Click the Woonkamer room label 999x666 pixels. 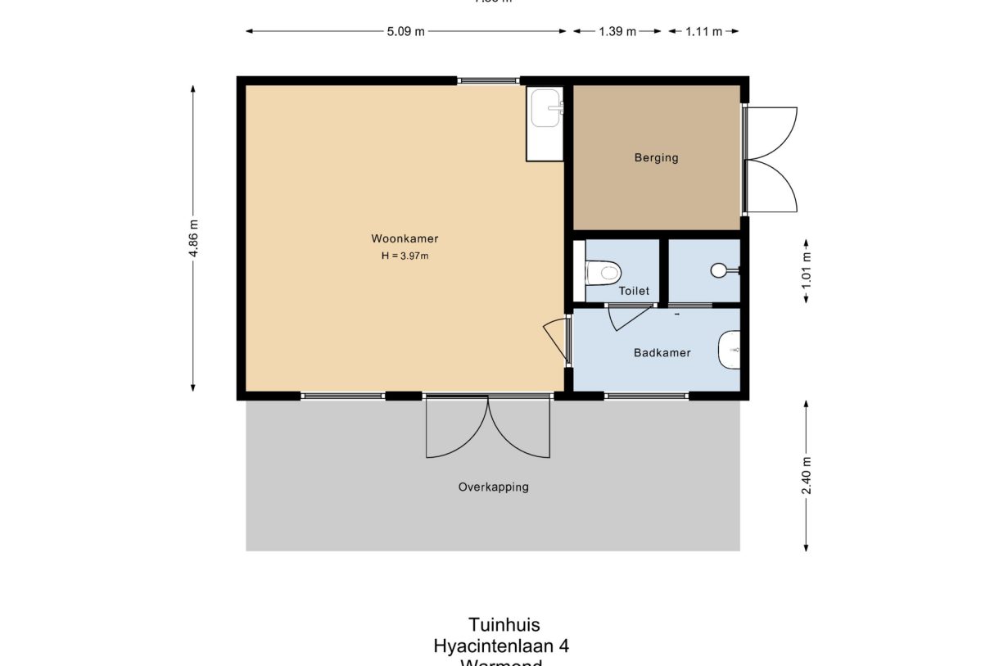coord(405,239)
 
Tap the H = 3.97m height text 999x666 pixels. coord(405,256)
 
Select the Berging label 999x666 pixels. coord(656,158)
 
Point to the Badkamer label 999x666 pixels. coord(662,353)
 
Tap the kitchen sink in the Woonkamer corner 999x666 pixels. coord(545,109)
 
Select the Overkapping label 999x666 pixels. coord(493,487)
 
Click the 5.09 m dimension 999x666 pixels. coord(406,32)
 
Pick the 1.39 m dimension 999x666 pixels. coord(617,32)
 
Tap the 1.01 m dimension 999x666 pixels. coord(807,271)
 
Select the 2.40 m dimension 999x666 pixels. coord(807,476)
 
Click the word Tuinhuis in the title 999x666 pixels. coord(504,625)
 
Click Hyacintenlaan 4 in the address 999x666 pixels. coord(501,646)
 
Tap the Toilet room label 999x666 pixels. coord(634,291)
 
